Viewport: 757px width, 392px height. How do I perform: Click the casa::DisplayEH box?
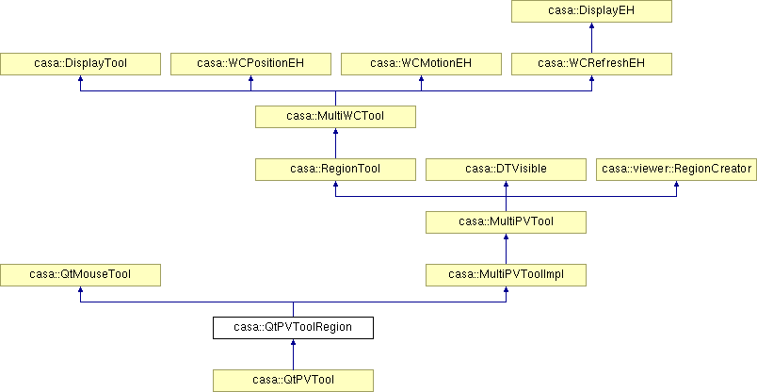coord(591,11)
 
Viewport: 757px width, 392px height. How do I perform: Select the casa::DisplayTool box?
coord(80,64)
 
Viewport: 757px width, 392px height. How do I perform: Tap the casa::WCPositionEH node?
coord(250,64)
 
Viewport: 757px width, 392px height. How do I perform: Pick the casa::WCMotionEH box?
coord(421,64)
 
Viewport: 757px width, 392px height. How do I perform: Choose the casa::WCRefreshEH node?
coord(591,64)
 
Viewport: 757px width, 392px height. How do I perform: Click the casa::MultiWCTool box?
coord(335,117)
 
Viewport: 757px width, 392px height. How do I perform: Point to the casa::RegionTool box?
coord(335,170)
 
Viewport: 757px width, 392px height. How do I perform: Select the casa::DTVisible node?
coord(506,170)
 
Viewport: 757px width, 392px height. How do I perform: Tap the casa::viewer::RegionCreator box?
coord(676,170)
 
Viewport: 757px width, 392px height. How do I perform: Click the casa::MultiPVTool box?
coord(506,221)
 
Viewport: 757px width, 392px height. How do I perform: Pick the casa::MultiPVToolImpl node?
coord(506,274)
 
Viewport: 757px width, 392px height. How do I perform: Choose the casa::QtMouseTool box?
coord(80,274)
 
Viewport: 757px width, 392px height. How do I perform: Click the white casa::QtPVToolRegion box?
coord(293,327)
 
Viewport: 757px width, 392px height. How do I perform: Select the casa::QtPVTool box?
coord(293,380)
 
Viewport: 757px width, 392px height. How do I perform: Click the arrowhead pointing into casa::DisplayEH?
coord(591,25)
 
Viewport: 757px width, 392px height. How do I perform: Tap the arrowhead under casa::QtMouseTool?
coord(80,289)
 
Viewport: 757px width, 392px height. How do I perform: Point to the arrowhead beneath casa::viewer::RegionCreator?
coord(676,184)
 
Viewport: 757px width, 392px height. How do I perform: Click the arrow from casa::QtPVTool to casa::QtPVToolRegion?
coord(293,354)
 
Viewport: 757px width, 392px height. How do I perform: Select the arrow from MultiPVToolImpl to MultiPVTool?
coord(506,249)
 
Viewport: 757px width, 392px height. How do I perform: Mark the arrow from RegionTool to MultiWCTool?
coord(335,143)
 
